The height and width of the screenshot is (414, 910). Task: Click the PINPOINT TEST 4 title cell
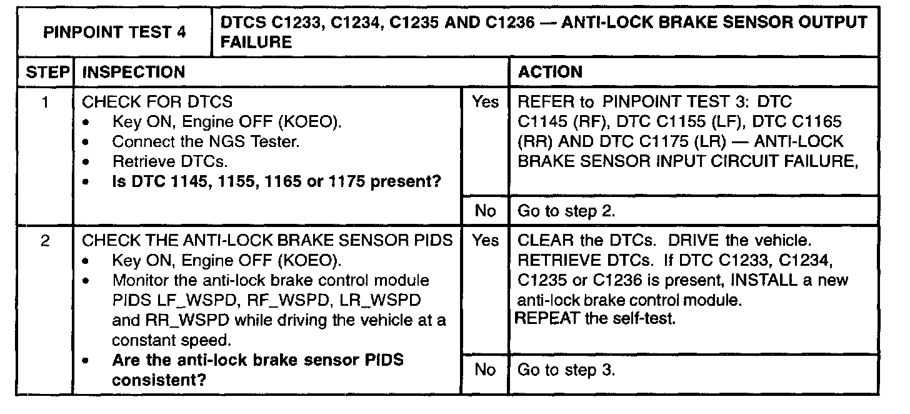115,33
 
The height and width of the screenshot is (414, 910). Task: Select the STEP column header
46,72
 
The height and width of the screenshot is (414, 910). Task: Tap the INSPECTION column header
134,72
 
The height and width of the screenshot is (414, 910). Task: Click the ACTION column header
551,72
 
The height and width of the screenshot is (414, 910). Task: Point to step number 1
46,101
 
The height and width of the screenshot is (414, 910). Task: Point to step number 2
46,241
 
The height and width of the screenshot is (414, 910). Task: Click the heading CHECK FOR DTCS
157,101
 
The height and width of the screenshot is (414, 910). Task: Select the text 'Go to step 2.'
567,211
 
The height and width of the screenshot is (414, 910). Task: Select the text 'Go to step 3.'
567,370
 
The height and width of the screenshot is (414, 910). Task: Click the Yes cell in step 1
485,101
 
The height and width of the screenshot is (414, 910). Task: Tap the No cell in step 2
485,370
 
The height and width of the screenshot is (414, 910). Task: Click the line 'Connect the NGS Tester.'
206,142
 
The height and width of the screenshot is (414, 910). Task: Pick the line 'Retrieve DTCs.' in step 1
169,162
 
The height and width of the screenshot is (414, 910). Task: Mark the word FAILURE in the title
257,43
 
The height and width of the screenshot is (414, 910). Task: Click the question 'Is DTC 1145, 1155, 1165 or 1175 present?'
277,183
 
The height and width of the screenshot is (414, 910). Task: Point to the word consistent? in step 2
159,380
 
